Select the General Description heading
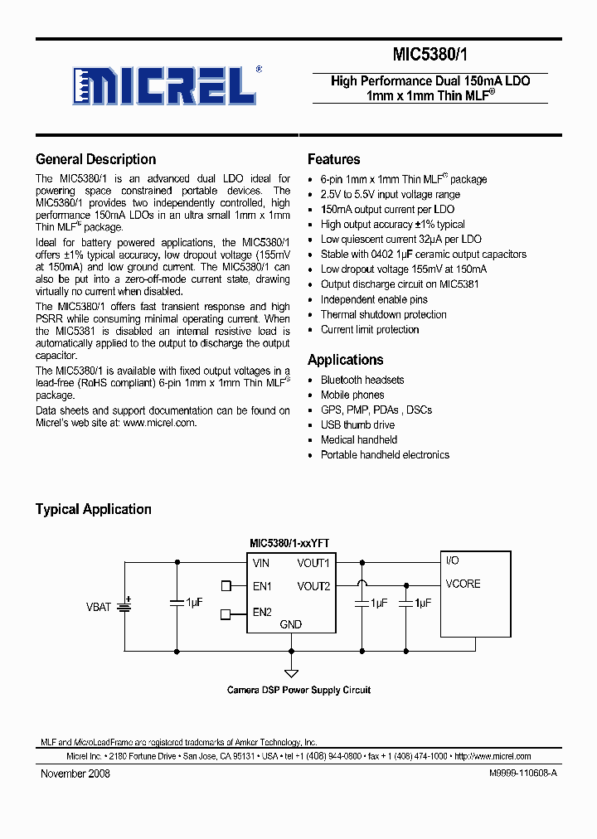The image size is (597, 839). (x=95, y=159)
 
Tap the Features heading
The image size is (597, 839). (x=333, y=159)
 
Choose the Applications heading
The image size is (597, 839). (x=345, y=360)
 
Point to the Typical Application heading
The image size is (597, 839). (x=93, y=509)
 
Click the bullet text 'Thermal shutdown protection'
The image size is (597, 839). (x=383, y=314)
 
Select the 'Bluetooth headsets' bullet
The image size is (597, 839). (x=362, y=380)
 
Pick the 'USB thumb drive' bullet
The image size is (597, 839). (x=357, y=424)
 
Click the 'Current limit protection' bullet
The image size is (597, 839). (x=370, y=329)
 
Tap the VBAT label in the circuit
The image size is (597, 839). (x=98, y=607)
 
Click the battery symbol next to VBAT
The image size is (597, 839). (x=125, y=606)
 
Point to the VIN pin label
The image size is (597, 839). (x=261, y=563)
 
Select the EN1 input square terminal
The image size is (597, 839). (x=226, y=586)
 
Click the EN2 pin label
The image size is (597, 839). (x=262, y=613)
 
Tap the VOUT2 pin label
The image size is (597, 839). (x=313, y=586)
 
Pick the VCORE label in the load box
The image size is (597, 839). (x=463, y=584)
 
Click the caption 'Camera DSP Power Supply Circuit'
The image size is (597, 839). (x=298, y=690)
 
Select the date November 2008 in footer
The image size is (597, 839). (x=75, y=774)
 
